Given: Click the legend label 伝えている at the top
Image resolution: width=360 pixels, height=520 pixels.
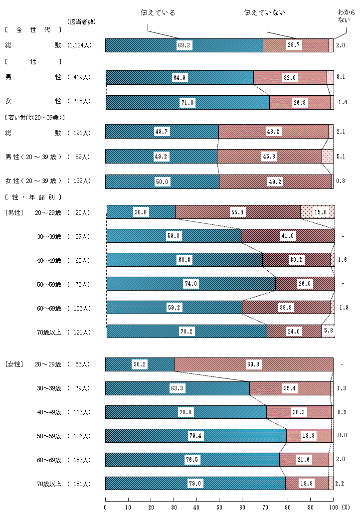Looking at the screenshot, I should point(158,12).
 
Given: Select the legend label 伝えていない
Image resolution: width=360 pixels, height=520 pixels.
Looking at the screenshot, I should point(264,12).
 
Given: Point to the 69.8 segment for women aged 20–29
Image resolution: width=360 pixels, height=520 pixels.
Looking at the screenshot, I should point(253,364).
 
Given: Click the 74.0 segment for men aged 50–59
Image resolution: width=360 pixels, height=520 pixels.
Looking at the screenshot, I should point(191,284).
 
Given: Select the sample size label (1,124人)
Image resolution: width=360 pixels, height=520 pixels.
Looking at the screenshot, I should point(80,45).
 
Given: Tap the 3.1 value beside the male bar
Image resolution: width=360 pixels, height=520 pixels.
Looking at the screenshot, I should point(341,77).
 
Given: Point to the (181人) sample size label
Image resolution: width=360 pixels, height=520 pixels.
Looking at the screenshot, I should point(79,484).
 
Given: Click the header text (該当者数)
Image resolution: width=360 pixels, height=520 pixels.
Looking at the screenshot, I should point(81,21).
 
